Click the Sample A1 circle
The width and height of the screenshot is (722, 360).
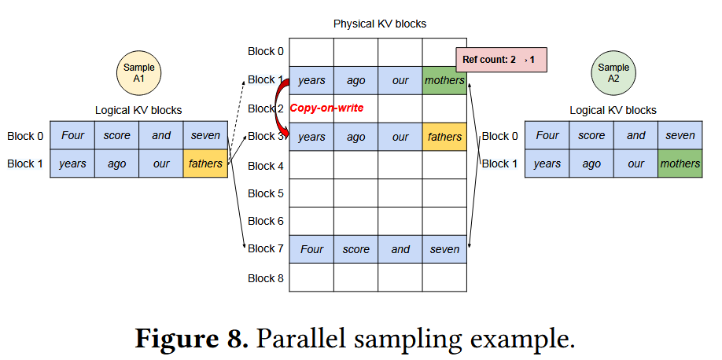139,73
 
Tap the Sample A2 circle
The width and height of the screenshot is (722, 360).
613,73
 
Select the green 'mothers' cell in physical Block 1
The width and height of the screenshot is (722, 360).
444,80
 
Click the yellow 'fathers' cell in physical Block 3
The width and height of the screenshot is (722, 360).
444,137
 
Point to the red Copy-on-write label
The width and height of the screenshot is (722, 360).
327,108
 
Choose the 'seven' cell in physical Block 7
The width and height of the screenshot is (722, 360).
444,249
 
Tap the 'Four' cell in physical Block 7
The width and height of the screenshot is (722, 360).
311,249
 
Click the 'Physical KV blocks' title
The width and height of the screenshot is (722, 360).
380,24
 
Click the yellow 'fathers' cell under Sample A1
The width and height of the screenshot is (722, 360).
206,163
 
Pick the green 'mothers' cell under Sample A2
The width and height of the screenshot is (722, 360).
680,163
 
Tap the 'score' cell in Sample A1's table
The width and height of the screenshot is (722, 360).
117,135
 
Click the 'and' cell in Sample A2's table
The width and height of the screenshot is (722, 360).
635,135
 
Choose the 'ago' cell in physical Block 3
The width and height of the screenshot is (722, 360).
355,137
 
